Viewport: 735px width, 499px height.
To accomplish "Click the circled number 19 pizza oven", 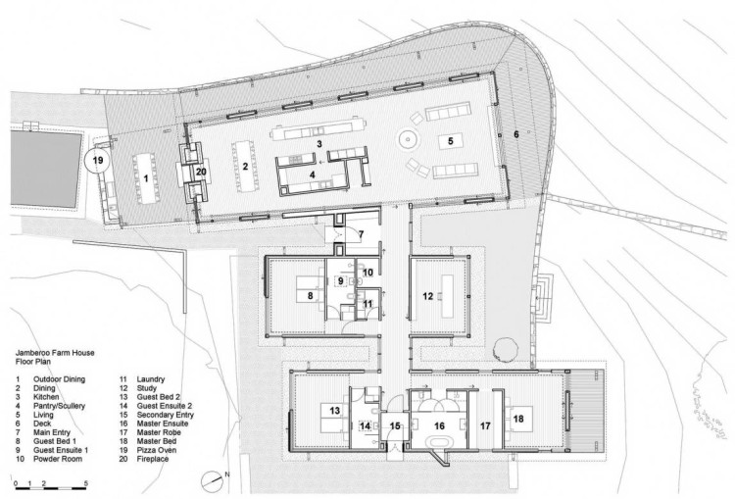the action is [97, 161].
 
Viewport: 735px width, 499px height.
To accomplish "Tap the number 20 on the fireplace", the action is [201, 172].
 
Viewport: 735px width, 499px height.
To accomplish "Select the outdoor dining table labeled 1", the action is [146, 178].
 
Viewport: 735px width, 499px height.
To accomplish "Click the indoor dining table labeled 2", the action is [245, 166].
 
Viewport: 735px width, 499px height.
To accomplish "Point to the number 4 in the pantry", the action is [313, 175].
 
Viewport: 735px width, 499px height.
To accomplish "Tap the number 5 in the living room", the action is [451, 141].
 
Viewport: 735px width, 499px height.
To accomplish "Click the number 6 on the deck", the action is [516, 134].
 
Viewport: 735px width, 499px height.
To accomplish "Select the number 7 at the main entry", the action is [361, 234].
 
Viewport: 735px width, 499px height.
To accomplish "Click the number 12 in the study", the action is [427, 296].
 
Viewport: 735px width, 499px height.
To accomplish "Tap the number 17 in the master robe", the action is [485, 425].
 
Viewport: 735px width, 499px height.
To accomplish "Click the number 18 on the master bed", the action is [518, 418].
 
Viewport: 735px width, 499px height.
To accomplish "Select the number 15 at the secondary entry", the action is [395, 425].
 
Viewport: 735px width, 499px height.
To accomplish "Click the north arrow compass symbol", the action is [211, 480].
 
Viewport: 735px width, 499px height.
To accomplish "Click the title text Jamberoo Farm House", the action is [55, 353].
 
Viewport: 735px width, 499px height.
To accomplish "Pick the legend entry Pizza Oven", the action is [157, 450].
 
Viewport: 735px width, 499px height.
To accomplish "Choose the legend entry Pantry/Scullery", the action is [59, 406].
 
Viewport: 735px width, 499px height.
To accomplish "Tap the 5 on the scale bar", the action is [85, 482].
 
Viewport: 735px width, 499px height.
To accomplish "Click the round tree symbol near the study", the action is [506, 349].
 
